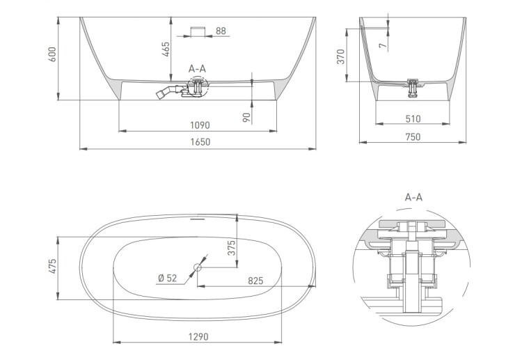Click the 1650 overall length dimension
tap(200, 142)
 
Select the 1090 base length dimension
tap(200, 125)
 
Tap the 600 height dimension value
tap(53, 54)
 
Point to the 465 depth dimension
tap(166, 49)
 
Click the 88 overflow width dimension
tap(221, 31)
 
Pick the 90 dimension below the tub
tap(246, 118)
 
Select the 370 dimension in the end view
tap(340, 56)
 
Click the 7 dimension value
tap(383, 45)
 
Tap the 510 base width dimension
tap(413, 119)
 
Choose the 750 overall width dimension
tap(413, 137)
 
